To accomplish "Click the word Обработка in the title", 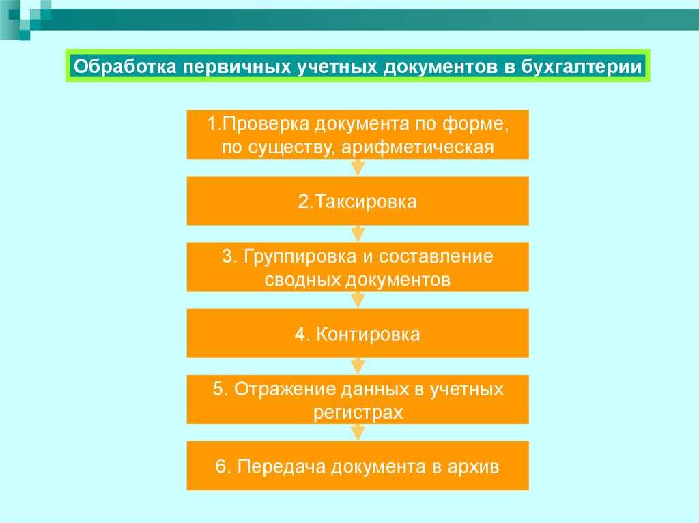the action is click(x=125, y=66).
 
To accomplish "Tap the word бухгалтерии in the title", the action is click(x=582, y=67).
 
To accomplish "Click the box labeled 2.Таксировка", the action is click(x=358, y=201).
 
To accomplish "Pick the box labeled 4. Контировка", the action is click(x=358, y=333).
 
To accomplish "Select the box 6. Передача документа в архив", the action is click(x=358, y=466).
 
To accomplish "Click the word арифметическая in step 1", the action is click(x=418, y=147).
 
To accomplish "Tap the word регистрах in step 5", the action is click(x=358, y=413).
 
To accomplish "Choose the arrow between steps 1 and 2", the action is click(x=358, y=168).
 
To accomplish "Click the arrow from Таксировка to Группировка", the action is click(x=358, y=234).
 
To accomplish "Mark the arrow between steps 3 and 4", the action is click(x=358, y=300).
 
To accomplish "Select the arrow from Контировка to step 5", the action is click(x=358, y=366).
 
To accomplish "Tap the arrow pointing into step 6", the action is click(x=358, y=432).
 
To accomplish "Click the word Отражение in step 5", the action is click(x=285, y=389).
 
